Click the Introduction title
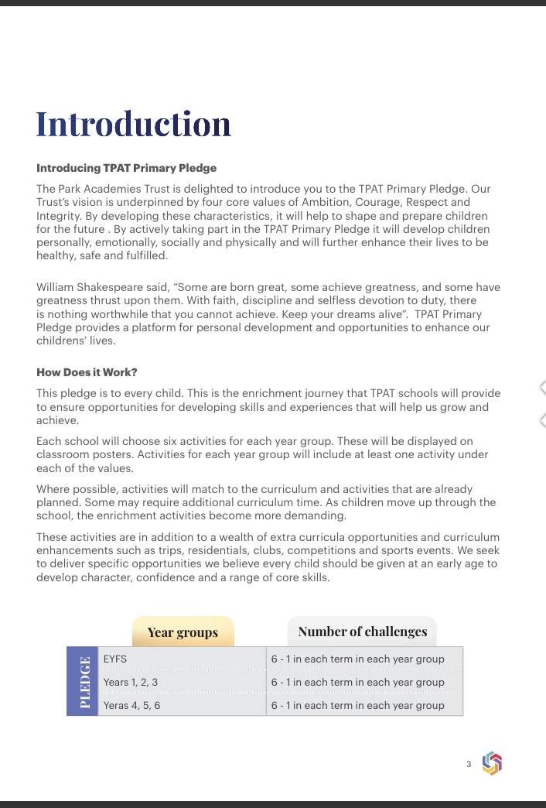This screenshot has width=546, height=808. click(x=133, y=125)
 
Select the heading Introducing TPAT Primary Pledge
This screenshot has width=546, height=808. click(x=126, y=168)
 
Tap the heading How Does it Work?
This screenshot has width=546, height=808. click(x=87, y=372)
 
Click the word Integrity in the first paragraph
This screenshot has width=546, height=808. click(x=60, y=215)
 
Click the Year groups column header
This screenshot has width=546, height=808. click(x=183, y=632)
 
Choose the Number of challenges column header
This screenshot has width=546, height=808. click(x=362, y=632)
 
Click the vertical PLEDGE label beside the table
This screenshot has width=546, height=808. click(x=83, y=681)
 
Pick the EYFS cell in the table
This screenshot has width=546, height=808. click(x=115, y=659)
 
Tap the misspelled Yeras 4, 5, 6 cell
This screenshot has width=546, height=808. click(x=132, y=705)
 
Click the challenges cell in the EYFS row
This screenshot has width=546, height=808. click(x=358, y=659)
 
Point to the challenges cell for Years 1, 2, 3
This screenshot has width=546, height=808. click(x=358, y=682)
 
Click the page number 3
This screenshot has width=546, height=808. click(x=469, y=765)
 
